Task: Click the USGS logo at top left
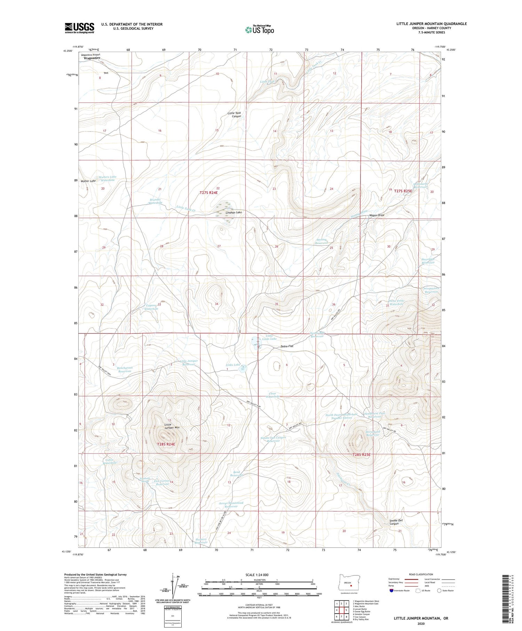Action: coord(79,28)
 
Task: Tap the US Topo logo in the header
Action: coord(259,30)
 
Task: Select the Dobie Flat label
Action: coord(287,347)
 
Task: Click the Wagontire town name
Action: coord(92,58)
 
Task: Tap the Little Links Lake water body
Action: coord(256,343)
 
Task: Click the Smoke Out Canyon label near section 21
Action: coord(396,522)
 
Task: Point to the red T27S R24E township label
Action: coord(208,192)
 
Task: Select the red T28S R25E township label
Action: coord(362,455)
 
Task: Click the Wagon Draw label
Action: coord(377,215)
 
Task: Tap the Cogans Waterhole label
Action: coord(151,307)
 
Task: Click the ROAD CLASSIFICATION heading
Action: coord(421,575)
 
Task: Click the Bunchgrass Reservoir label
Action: coord(125,370)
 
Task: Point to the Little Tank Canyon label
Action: coord(234,115)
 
